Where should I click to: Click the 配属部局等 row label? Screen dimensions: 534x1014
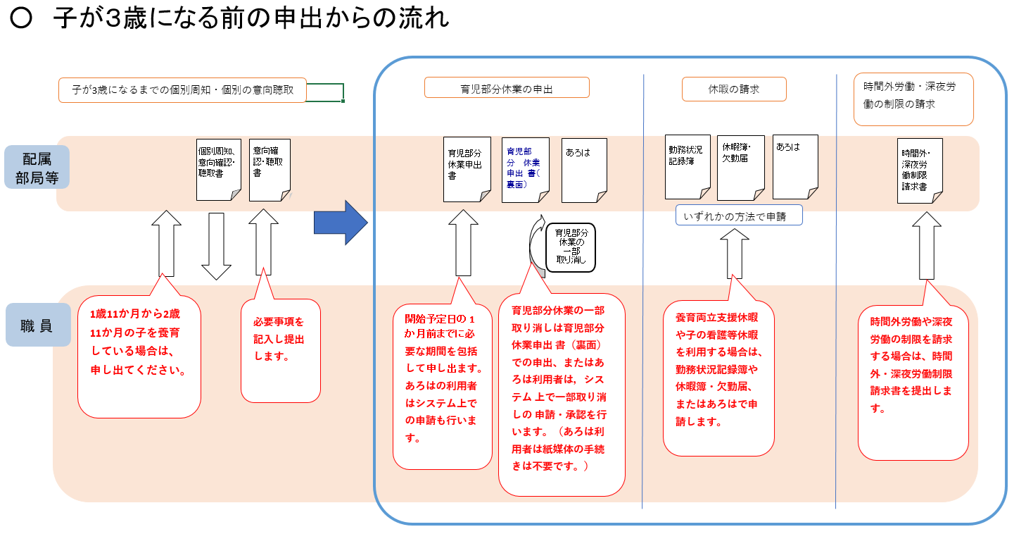(37, 167)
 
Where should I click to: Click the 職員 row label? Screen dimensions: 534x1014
(37, 325)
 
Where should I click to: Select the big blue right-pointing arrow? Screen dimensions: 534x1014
(341, 222)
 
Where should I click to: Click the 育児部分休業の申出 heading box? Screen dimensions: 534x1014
(507, 88)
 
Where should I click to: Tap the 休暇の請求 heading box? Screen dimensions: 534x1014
(733, 89)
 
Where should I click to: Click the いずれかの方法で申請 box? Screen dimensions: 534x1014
(739, 215)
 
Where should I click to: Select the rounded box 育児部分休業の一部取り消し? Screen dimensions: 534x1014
(571, 246)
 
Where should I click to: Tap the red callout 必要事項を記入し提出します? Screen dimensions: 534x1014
(280, 350)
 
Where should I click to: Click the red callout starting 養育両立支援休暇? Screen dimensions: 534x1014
(718, 377)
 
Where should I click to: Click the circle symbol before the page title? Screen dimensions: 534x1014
(22, 19)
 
